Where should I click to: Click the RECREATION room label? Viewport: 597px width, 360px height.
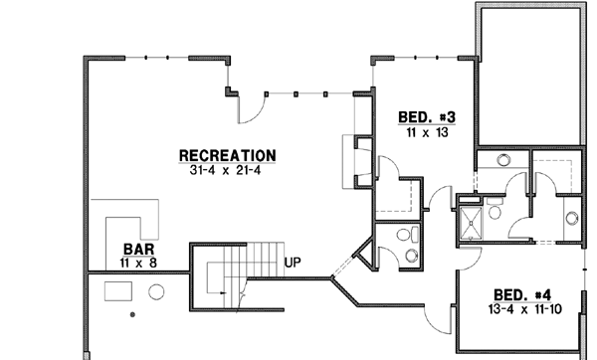pyautogui.click(x=227, y=155)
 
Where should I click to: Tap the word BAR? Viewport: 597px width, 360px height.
pyautogui.click(x=137, y=249)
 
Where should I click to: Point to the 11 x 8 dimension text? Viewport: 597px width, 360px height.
pyautogui.click(x=137, y=263)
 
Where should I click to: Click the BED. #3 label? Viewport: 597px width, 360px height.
pyautogui.click(x=421, y=115)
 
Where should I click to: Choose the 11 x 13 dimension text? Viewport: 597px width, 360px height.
pyautogui.click(x=421, y=130)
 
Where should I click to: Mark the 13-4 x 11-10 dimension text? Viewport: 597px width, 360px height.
pyautogui.click(x=527, y=309)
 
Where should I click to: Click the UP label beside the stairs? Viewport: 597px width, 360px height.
pyautogui.click(x=294, y=263)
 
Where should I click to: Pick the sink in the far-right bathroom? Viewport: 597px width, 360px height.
pyautogui.click(x=571, y=219)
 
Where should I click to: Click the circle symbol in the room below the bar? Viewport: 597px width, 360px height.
pyautogui.click(x=156, y=292)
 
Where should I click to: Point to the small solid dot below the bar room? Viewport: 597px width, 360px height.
pyautogui.click(x=132, y=315)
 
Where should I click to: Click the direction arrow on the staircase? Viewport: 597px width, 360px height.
pyautogui.click(x=239, y=295)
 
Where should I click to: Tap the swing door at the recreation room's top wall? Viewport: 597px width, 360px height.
pyautogui.click(x=254, y=105)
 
